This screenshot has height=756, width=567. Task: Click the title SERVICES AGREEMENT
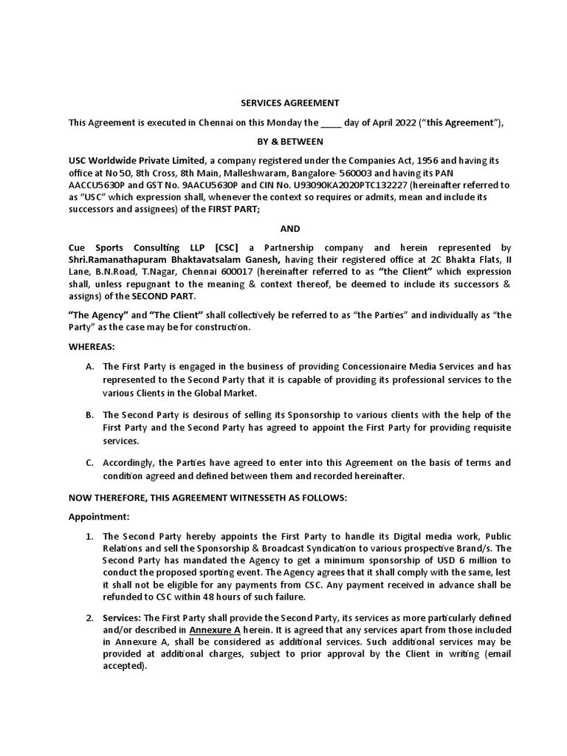coord(283,103)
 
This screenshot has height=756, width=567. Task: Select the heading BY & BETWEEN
coord(283,142)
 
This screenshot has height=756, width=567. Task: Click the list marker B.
coord(89,416)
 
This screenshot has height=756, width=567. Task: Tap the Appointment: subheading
coord(99,517)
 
